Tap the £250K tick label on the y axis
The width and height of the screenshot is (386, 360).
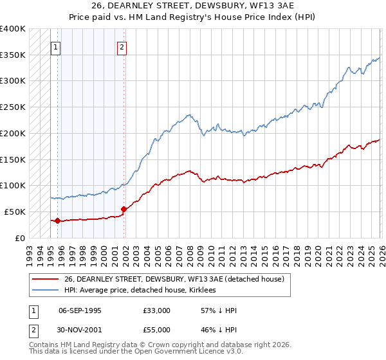point(13,107)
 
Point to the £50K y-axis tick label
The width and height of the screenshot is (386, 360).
point(15,212)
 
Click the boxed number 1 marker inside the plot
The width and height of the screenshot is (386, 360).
point(56,46)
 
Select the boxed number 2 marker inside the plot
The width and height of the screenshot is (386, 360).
point(122,46)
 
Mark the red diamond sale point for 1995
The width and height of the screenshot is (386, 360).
point(57,221)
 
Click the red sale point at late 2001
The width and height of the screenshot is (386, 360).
point(124,209)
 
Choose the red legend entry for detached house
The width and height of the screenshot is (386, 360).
point(178,279)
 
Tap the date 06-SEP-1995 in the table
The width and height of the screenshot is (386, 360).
point(80,310)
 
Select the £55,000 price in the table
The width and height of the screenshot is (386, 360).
point(157,330)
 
